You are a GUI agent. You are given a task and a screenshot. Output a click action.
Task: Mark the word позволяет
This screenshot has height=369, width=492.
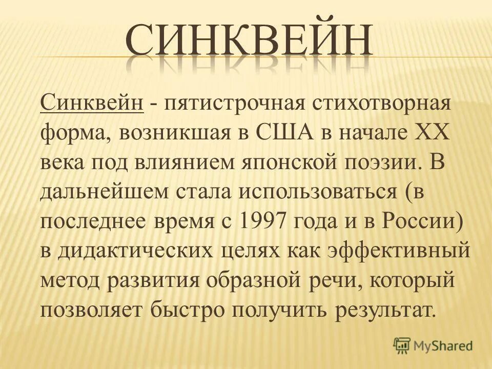[x=92, y=310]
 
